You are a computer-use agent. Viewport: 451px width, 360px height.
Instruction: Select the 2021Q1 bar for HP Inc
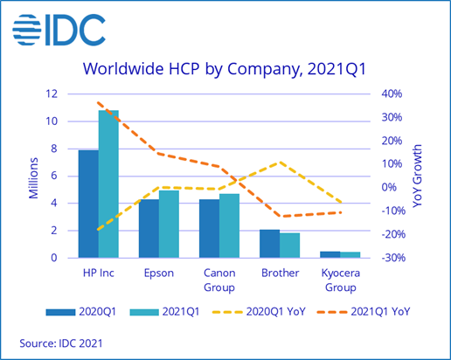[x=108, y=183]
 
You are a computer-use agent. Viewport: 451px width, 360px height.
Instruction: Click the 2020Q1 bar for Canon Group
[x=209, y=228]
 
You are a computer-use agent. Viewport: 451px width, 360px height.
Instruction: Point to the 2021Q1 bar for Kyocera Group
[x=350, y=254]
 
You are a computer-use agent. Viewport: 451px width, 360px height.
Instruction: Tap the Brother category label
[x=280, y=273]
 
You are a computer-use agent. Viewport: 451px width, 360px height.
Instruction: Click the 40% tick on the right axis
[x=391, y=93]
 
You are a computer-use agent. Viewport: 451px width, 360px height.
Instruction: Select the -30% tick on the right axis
[x=389, y=258]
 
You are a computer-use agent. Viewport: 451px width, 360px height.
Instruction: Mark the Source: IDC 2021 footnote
[x=60, y=343]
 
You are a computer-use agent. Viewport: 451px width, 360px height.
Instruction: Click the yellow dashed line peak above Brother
[x=279, y=163]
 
